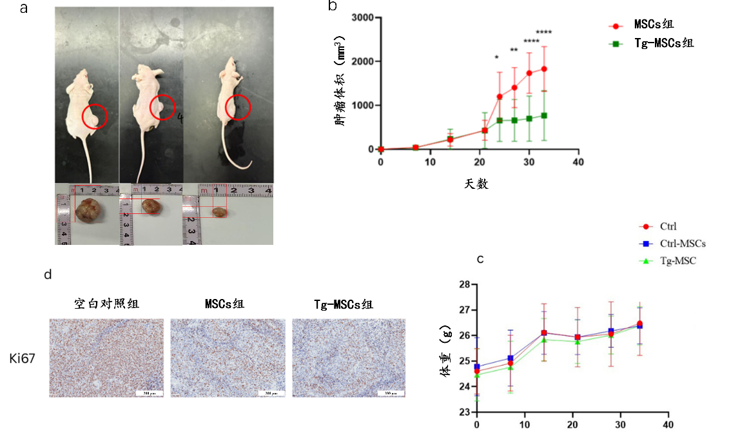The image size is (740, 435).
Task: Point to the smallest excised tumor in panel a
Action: coord(220,211)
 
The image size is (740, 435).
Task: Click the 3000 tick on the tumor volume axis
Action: coord(365,17)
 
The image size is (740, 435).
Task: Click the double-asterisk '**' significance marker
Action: coord(514,51)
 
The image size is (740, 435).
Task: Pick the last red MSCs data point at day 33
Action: coord(544,69)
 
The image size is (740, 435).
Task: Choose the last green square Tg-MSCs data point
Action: coord(544,115)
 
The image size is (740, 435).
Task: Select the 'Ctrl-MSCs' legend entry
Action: coord(683,244)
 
